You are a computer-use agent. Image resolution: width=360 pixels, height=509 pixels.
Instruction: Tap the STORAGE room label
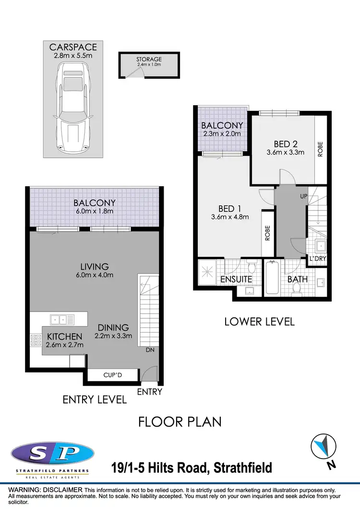coord(149,59)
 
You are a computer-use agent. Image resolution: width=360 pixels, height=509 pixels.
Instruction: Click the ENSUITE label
coord(236,279)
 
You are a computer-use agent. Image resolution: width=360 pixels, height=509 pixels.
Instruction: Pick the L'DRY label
coord(317,259)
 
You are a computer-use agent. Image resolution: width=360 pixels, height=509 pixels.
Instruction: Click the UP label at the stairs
coord(303,197)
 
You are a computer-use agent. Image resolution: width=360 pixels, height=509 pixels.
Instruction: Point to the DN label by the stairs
coord(150,350)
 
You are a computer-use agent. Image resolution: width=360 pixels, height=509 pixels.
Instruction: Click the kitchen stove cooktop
coord(36,340)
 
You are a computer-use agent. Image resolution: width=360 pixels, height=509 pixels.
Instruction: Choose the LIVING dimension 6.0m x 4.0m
coord(95,275)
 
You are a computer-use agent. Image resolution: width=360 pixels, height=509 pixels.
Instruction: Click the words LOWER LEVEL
coord(259,321)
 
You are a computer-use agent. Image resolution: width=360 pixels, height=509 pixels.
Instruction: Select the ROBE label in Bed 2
coord(320,149)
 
